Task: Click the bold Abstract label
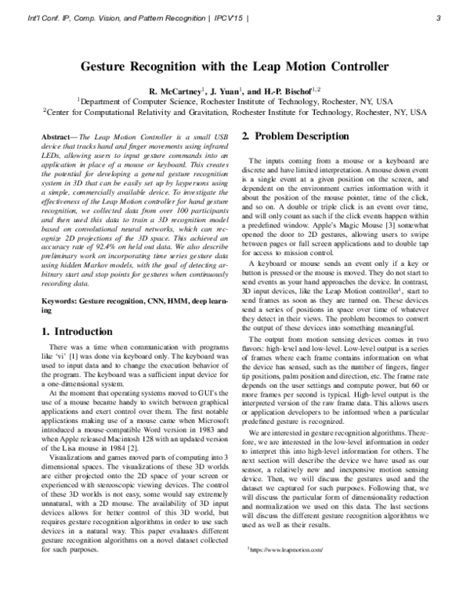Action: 59,135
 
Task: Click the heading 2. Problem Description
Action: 295,136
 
